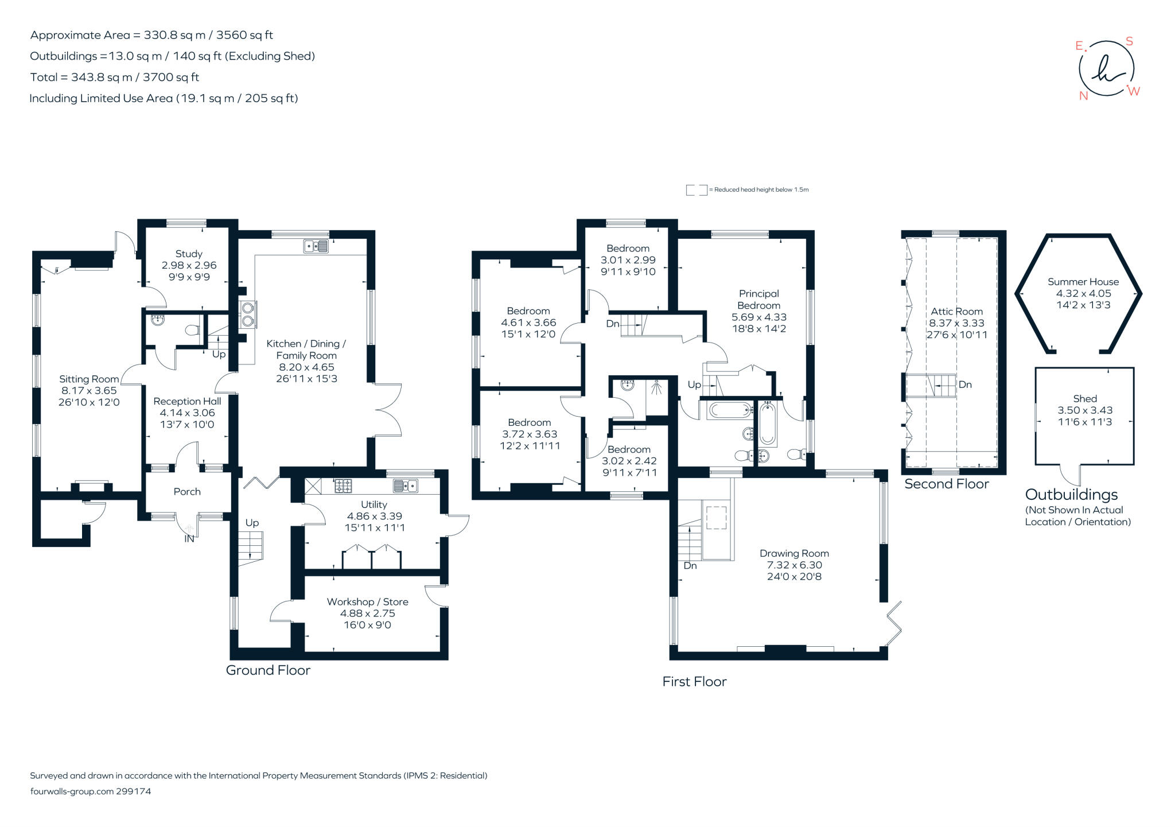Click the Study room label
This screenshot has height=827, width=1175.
(189, 254)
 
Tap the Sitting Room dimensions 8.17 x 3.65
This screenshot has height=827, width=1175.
(89, 390)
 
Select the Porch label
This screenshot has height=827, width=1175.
(187, 492)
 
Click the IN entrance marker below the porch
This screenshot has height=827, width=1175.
(189, 539)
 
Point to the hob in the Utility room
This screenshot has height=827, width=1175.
(343, 486)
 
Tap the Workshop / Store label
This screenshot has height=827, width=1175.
(367, 601)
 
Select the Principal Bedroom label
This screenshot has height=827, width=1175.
(758, 300)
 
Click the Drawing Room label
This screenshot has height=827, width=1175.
(794, 553)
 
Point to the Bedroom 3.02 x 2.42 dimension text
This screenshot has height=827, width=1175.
(629, 461)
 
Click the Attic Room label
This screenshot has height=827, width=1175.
(956, 312)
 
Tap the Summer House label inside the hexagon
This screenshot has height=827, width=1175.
(1083, 282)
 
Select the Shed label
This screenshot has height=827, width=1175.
(1084, 398)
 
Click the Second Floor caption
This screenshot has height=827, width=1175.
(946, 484)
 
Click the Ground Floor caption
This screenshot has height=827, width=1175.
(268, 670)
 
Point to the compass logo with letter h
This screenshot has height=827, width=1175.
(1106, 69)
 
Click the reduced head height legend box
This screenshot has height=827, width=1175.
(696, 190)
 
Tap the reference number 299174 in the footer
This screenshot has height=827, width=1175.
(133, 791)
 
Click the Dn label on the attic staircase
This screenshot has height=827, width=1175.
(965, 385)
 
